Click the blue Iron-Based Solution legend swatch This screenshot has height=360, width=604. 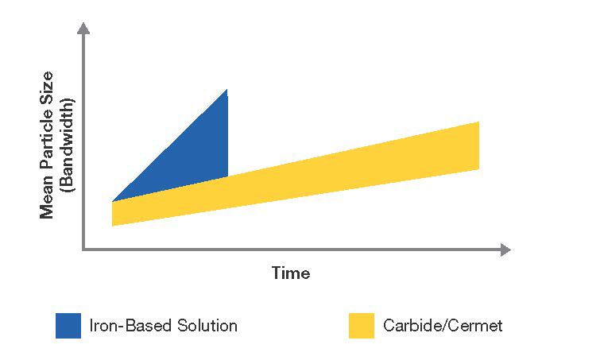point(68,326)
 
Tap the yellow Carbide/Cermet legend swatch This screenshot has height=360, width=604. point(362,326)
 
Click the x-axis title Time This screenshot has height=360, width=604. point(291,273)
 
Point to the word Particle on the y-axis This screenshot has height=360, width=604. point(47,141)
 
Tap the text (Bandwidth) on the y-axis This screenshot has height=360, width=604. point(68,145)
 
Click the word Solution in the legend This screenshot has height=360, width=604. point(207,326)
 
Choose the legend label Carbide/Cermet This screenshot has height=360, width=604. point(443,326)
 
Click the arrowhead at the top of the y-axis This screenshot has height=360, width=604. point(83,28)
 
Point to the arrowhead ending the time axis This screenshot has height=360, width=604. point(505,250)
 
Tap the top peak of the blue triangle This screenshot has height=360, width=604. point(226,89)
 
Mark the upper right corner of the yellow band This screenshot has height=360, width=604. point(479,122)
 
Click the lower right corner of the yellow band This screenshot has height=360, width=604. point(479,169)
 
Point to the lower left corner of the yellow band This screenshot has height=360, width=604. point(112,226)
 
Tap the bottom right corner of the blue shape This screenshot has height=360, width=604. point(227,177)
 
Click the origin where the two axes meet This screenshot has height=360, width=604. point(83,250)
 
